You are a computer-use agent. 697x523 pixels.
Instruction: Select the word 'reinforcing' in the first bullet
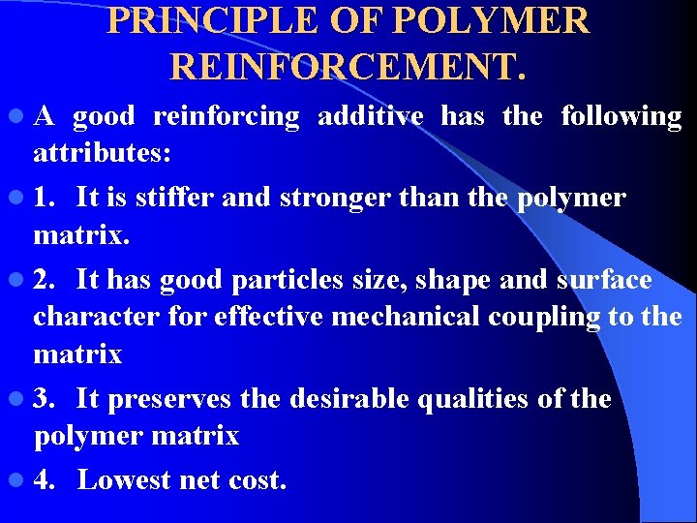[227, 117]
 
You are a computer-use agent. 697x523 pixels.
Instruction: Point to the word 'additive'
[371, 116]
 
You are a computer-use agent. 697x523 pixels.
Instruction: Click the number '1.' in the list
[46, 199]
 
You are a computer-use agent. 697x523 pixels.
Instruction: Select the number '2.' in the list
[46, 280]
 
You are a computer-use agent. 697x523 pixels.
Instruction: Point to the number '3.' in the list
[46, 399]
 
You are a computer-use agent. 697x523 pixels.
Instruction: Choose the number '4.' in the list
[46, 479]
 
